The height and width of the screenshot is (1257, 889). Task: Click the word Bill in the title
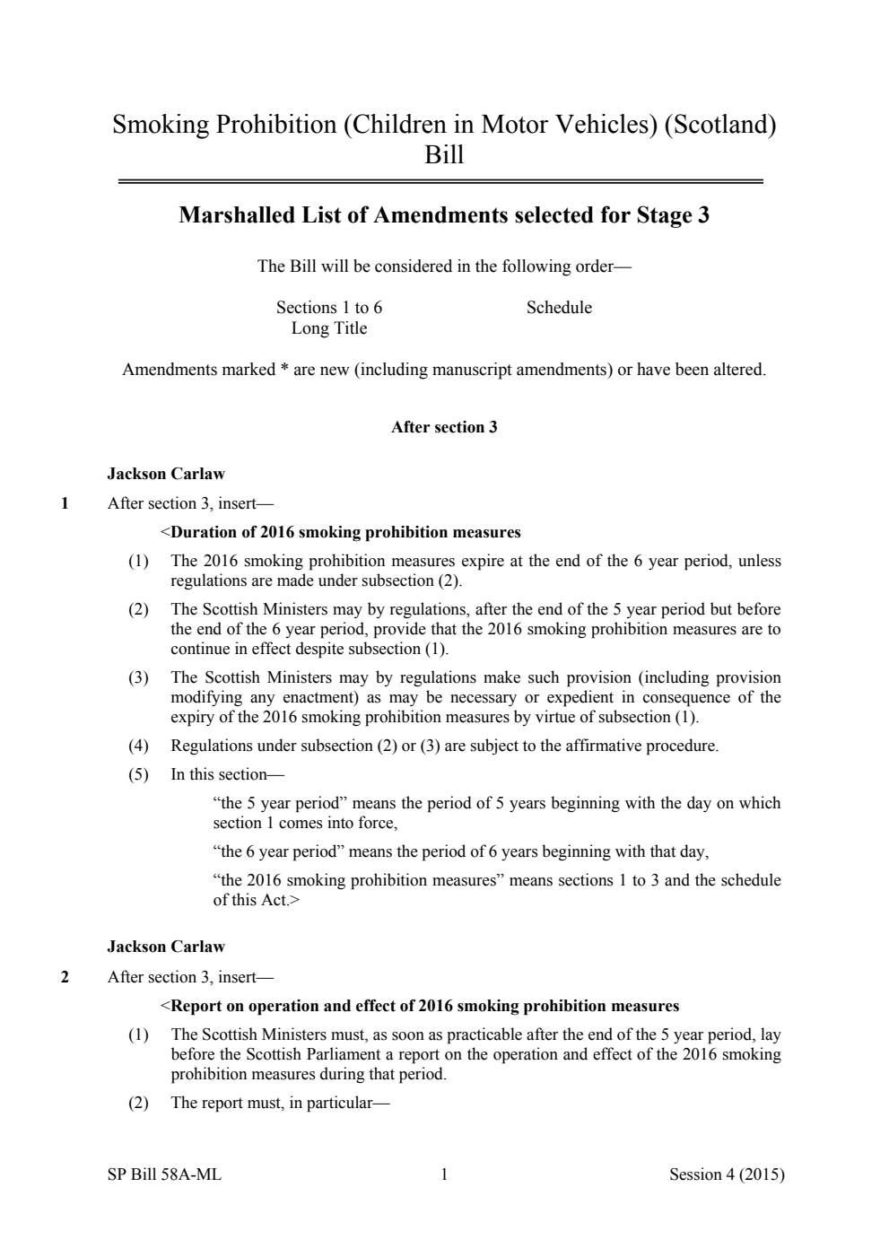pyautogui.click(x=444, y=155)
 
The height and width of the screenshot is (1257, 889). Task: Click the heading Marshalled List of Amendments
pyautogui.click(x=444, y=215)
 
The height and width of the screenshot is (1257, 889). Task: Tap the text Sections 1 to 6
pyautogui.click(x=329, y=308)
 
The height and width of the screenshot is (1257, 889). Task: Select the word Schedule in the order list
pyautogui.click(x=559, y=308)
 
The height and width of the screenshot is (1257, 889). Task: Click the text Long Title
pyautogui.click(x=329, y=328)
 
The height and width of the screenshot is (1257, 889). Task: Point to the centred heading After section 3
pyautogui.click(x=444, y=427)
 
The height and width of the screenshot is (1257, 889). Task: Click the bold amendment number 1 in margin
pyautogui.click(x=65, y=503)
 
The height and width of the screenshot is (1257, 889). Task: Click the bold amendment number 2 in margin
pyautogui.click(x=65, y=977)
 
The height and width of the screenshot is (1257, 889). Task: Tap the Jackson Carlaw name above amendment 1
pyautogui.click(x=166, y=474)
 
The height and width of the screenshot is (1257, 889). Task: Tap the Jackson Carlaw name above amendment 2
pyautogui.click(x=166, y=947)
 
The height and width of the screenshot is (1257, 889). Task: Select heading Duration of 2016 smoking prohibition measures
pyautogui.click(x=345, y=532)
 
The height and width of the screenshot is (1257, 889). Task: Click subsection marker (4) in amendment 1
pyautogui.click(x=138, y=746)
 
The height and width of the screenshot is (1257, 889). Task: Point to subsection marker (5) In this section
pyautogui.click(x=138, y=774)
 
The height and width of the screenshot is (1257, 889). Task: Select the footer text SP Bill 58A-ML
pyautogui.click(x=164, y=1174)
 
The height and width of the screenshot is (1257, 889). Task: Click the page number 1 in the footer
pyautogui.click(x=444, y=1174)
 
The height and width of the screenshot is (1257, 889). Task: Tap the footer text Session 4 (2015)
pyautogui.click(x=727, y=1174)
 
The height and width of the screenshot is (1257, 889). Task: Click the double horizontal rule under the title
pyautogui.click(x=440, y=182)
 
